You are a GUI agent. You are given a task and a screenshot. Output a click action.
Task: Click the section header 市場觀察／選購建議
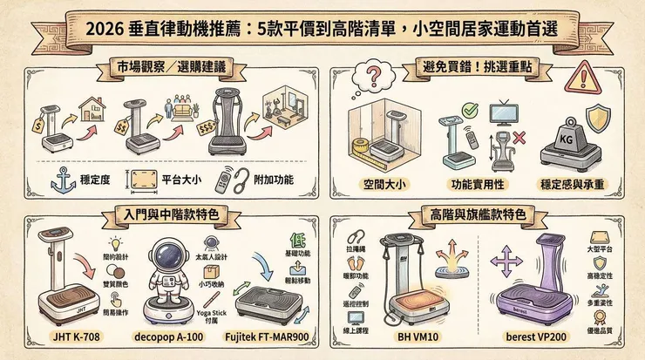click(165, 68)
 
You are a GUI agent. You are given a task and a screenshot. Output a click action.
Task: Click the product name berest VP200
click(538, 336)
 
